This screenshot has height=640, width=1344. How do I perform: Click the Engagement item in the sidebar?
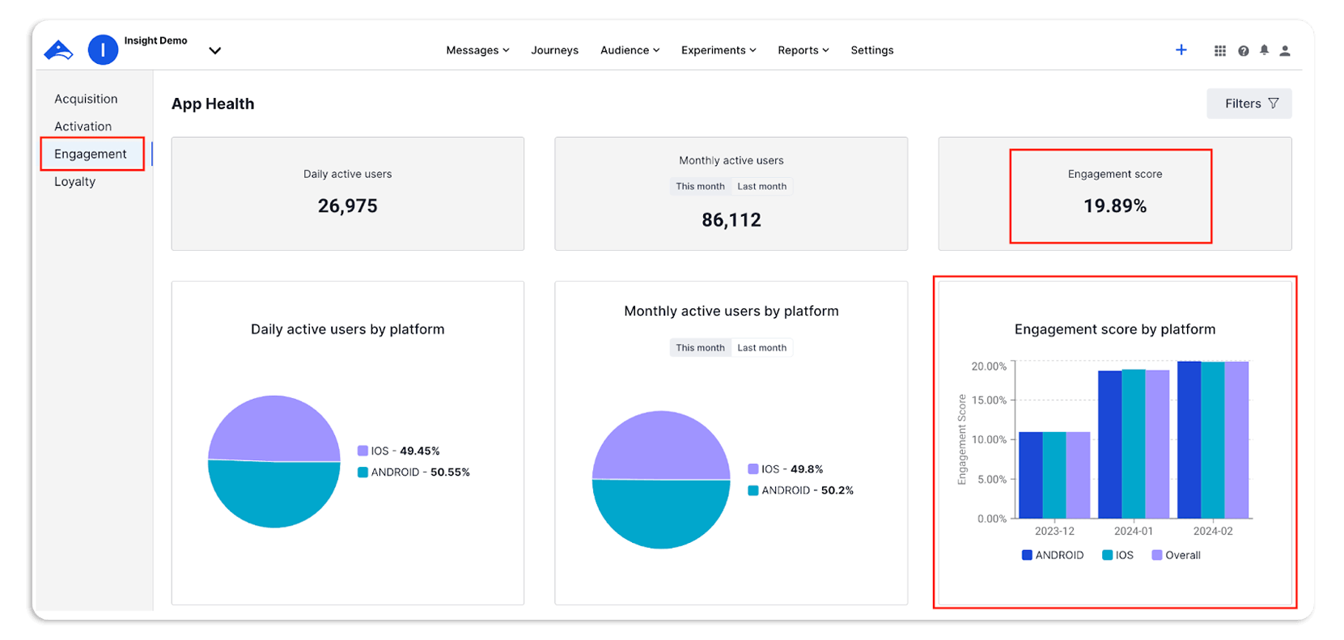pos(91,154)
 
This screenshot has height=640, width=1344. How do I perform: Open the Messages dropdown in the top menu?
pos(477,50)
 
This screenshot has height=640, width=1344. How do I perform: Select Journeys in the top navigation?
pos(554,50)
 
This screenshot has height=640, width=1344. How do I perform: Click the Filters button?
pos(1249,104)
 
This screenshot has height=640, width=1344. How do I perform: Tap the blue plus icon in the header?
pos(1181,50)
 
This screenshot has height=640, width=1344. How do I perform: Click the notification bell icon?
pos(1264,50)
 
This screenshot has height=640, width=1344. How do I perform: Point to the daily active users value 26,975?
pos(347,206)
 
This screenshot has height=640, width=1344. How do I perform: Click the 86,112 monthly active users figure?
pos(731,220)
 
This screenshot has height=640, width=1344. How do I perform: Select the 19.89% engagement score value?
pos(1114,206)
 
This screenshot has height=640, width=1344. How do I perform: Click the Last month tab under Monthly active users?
pos(761,186)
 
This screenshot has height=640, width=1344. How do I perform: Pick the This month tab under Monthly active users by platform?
pos(700,348)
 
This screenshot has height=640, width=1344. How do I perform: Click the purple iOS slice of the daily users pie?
pos(273,427)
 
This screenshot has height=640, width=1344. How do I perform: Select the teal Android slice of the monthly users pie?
pos(661,515)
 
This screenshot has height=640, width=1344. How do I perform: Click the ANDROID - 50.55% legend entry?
pos(413,473)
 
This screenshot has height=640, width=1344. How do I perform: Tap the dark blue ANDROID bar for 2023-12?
pos(1030,476)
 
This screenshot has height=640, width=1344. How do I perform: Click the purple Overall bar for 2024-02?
pos(1236,441)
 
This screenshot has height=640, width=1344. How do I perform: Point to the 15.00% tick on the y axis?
pos(989,401)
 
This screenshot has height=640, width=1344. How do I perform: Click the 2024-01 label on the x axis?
pos(1133,532)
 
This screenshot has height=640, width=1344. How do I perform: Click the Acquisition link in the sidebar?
pos(86,99)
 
